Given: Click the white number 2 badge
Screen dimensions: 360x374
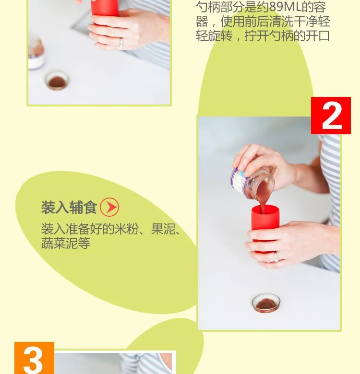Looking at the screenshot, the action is click(x=331, y=116).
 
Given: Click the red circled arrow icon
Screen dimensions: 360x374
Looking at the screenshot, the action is click(x=109, y=207).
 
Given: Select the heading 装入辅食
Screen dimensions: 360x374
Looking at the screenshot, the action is click(x=69, y=207).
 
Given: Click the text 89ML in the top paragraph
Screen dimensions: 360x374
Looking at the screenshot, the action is click(x=285, y=7).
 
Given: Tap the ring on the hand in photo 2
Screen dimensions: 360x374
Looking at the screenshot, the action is click(x=276, y=257).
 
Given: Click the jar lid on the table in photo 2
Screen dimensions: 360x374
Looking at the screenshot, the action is click(x=266, y=303).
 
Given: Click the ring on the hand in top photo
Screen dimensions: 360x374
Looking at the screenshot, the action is click(x=121, y=43).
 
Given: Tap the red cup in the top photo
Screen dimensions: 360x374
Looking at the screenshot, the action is click(x=104, y=10).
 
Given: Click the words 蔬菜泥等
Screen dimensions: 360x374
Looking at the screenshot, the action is click(x=66, y=243).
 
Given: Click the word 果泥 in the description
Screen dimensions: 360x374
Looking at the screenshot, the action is click(x=163, y=229).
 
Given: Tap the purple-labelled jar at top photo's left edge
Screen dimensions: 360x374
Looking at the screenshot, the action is click(x=36, y=53).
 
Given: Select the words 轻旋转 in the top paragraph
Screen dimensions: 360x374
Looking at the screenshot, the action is click(x=214, y=36).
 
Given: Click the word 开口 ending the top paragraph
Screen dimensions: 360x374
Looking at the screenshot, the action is click(x=317, y=36).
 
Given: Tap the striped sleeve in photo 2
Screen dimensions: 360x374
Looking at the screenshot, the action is click(x=330, y=203).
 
